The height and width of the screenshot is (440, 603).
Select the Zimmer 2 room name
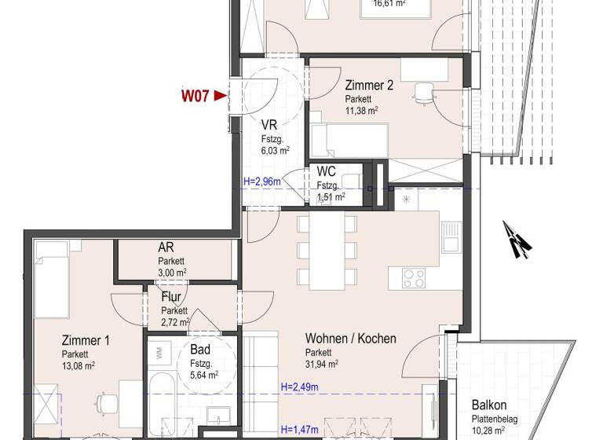[364, 85]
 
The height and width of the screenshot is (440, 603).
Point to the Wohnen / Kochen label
[350, 339]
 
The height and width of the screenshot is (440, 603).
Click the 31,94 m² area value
[322, 364]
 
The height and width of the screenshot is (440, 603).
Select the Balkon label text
[489, 405]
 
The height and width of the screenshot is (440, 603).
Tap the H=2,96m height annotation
[261, 182]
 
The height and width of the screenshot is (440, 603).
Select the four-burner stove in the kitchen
[413, 277]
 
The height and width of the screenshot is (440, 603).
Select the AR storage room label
[166, 248]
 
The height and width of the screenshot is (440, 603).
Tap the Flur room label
[171, 297]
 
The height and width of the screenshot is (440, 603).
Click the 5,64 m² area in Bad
[204, 375]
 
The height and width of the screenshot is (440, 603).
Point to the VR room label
[269, 124]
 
